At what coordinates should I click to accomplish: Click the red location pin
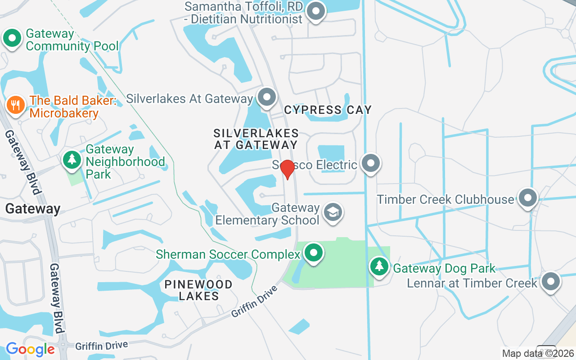(287, 169)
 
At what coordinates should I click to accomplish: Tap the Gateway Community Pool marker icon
(12, 39)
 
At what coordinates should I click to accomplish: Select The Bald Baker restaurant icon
(16, 105)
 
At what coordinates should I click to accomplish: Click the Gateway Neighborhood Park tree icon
(72, 160)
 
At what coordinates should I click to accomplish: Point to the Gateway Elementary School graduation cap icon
(333, 212)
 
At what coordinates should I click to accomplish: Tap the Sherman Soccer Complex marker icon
(314, 253)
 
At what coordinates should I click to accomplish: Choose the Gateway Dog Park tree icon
(380, 266)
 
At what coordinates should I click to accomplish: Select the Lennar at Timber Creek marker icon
(550, 282)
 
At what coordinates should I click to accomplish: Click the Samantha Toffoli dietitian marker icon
(315, 11)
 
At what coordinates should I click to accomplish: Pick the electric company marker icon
(371, 163)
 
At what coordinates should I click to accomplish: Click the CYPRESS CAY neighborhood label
(328, 110)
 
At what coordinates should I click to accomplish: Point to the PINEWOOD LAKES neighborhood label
(198, 290)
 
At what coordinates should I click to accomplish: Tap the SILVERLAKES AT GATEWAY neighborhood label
(256, 139)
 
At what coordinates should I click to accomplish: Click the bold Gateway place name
(33, 209)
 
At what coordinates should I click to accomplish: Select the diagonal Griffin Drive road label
(254, 301)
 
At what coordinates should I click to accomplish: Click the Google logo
(30, 349)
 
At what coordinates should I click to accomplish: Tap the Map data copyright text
(538, 354)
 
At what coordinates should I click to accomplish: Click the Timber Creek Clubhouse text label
(445, 199)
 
